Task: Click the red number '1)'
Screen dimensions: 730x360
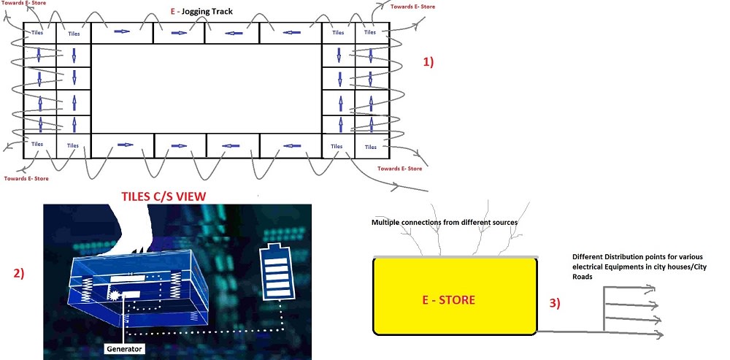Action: (429, 63)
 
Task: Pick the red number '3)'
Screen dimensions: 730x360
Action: (553, 302)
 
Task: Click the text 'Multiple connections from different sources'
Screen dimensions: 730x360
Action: (445, 222)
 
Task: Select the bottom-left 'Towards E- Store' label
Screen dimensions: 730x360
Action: (26, 177)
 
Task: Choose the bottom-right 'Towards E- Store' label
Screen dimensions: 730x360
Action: (399, 169)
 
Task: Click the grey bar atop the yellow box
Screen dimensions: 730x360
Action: (456, 257)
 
